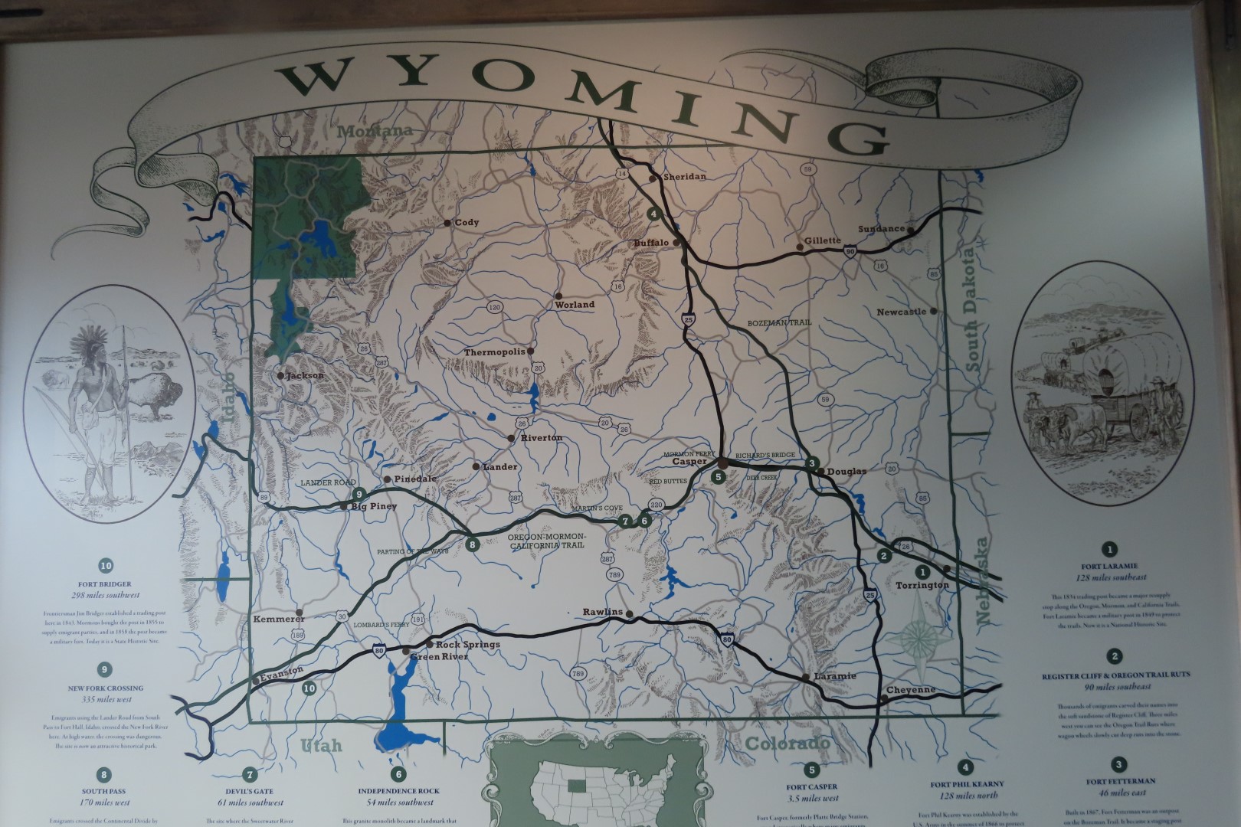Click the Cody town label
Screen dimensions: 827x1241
[x=467, y=223]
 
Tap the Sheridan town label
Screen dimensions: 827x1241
[x=684, y=177]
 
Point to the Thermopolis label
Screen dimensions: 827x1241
[x=494, y=352]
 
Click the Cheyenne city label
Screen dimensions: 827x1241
[x=911, y=690]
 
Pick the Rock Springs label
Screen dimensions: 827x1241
[x=467, y=644]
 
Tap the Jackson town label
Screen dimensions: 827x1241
[x=304, y=376]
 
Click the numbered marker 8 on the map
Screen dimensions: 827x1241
[x=473, y=545]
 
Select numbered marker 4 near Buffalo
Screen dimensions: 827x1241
[x=653, y=214]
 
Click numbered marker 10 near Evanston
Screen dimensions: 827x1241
[x=309, y=688]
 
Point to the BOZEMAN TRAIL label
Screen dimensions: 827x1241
[x=778, y=323]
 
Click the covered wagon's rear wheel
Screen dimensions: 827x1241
[x=1140, y=419]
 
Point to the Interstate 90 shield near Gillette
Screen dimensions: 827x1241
[x=850, y=250]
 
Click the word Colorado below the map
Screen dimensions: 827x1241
[x=787, y=744]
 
